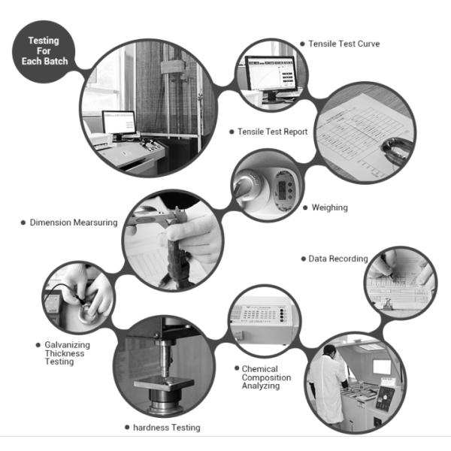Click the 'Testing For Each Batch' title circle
(44, 52)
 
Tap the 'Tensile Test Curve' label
(344, 44)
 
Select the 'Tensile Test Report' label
(272, 132)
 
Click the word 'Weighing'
(330, 207)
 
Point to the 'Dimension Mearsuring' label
(74, 222)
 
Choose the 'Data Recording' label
(338, 259)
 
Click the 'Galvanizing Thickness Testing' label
(68, 353)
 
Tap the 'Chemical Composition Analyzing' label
(266, 377)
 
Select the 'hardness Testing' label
(167, 428)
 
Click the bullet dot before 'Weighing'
(305, 207)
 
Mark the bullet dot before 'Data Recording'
(303, 259)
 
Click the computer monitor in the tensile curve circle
(270, 74)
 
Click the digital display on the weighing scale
(283, 189)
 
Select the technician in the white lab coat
(327, 385)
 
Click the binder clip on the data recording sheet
(387, 304)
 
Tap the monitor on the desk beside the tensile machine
(119, 124)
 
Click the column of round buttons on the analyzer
(283, 315)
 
